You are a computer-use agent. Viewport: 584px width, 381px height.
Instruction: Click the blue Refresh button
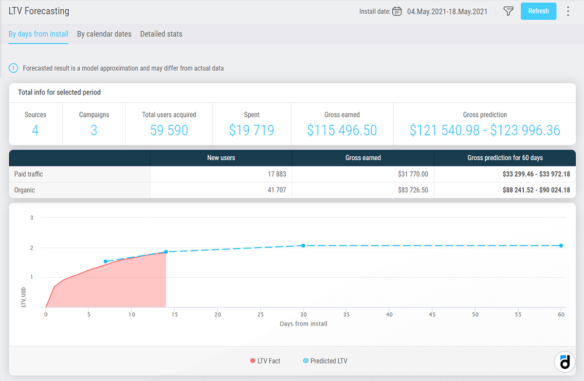point(538,11)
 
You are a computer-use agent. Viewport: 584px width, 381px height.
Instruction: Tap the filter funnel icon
point(508,11)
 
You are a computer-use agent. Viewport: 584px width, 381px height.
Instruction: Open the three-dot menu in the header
point(568,11)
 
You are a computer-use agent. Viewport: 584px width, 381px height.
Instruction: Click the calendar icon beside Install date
point(397,11)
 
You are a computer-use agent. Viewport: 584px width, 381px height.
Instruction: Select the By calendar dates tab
point(104,34)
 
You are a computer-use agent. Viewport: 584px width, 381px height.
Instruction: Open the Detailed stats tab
point(161,34)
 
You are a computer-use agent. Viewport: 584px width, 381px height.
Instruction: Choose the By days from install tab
point(38,34)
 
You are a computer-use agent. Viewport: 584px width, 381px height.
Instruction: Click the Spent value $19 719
point(252,130)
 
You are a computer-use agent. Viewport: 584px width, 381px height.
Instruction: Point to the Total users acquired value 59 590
point(169,130)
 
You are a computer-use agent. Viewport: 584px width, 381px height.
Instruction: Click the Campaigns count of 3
point(94,130)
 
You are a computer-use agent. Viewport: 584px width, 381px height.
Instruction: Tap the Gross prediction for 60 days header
point(505,158)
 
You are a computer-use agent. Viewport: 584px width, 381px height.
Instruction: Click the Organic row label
point(24,190)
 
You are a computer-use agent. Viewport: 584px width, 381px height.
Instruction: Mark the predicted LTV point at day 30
point(303,246)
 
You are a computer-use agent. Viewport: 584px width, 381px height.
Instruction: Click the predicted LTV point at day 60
point(561,246)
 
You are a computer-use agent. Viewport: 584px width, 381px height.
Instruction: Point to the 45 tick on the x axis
point(432,314)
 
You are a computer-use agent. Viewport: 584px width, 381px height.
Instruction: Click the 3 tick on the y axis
point(32,218)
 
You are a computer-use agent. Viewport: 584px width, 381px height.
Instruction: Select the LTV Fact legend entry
point(265,361)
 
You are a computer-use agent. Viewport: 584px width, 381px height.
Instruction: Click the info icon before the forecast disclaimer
point(13,68)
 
